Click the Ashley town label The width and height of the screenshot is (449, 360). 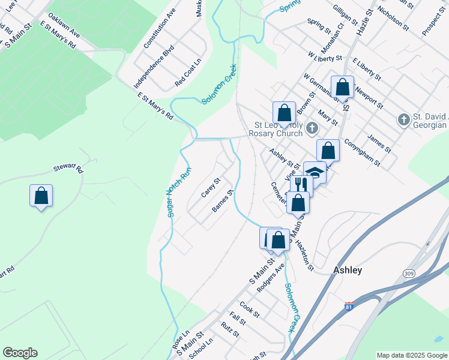pyautogui.click(x=348, y=270)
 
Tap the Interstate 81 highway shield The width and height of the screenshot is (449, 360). pyautogui.click(x=349, y=307)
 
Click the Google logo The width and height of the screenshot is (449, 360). pyautogui.click(x=20, y=353)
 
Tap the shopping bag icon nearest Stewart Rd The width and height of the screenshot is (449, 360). pyautogui.click(x=41, y=196)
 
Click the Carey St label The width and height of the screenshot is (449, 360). pyautogui.click(x=211, y=187)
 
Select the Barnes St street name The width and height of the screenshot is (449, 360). pyautogui.click(x=223, y=202)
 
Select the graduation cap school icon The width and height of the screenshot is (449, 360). pyautogui.click(x=315, y=172)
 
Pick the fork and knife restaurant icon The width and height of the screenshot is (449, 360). pyautogui.click(x=301, y=184)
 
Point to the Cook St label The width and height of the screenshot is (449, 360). pyautogui.click(x=249, y=310)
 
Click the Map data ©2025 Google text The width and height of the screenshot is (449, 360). pyautogui.click(x=411, y=355)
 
